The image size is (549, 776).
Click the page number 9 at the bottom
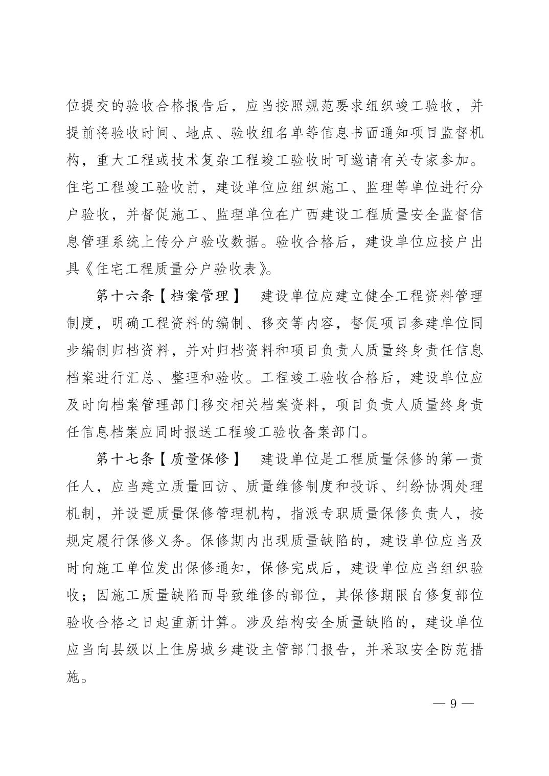click(x=453, y=704)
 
